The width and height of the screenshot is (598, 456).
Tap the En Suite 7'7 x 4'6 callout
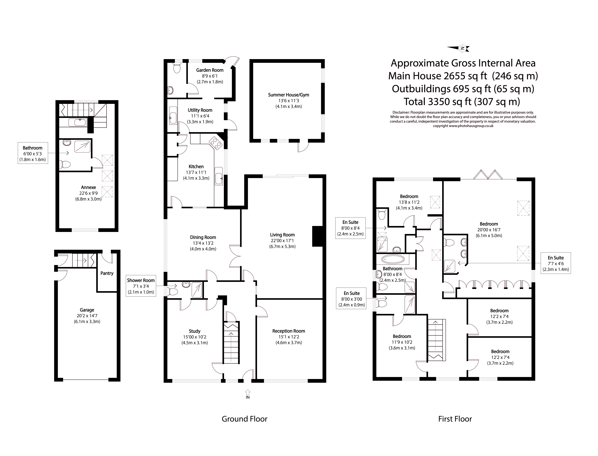(556, 263)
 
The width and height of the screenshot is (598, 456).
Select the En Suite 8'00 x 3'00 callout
(351, 299)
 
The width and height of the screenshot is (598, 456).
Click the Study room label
(195, 331)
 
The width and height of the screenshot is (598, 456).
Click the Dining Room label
(203, 237)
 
